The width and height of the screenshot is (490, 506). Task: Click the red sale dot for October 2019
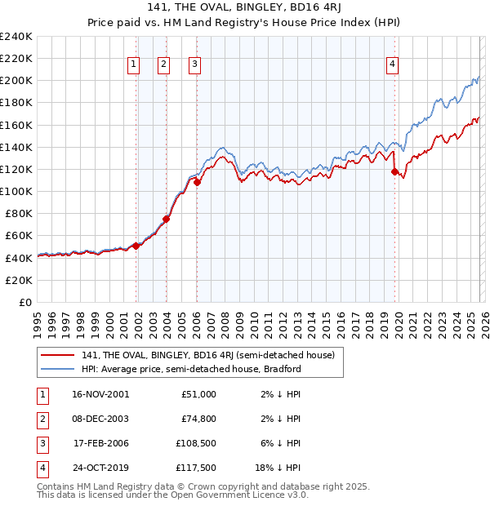(394, 172)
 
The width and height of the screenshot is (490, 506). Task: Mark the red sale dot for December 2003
(166, 219)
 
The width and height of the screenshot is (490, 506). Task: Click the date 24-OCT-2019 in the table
(100, 469)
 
